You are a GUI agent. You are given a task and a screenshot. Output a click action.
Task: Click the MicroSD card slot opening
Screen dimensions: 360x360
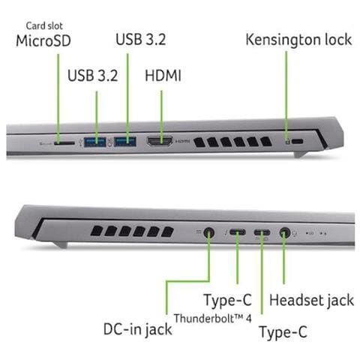coord(64,143)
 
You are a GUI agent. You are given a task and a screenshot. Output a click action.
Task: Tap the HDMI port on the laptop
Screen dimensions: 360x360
coord(160,142)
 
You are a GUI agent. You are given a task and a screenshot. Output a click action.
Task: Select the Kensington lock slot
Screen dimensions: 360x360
coord(297,142)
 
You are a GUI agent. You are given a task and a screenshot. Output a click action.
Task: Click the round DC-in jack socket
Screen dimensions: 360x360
coord(209,233)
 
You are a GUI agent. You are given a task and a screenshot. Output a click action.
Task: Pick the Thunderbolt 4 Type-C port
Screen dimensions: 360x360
coord(238,232)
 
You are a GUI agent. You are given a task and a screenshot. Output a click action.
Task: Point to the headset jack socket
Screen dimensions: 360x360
coord(284,233)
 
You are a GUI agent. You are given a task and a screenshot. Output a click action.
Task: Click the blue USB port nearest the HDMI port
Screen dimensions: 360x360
coord(125,142)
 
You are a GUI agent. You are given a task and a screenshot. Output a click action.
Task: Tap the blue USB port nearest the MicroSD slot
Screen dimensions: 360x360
coord(95,142)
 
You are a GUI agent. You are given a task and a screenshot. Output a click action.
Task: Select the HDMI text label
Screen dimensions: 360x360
coord(163,75)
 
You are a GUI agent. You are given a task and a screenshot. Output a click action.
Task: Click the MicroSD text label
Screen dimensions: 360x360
coord(43,40)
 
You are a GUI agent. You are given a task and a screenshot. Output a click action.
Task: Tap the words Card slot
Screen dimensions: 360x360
coord(44,25)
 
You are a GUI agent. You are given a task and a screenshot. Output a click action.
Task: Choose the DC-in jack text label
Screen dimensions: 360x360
coord(138,329)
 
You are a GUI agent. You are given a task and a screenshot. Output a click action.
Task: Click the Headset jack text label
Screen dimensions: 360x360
coord(311,300)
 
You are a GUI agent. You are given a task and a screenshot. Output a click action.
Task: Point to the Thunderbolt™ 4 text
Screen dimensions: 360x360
coord(213,318)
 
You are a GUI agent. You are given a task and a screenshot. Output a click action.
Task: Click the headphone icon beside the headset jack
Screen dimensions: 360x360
coord(295,233)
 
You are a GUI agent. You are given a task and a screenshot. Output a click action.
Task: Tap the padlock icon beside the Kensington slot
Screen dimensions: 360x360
coord(288,142)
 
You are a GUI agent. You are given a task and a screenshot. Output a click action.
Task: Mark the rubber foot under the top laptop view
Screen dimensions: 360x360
coord(300,154)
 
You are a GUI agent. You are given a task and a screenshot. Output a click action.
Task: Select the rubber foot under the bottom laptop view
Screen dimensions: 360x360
coord(61,244)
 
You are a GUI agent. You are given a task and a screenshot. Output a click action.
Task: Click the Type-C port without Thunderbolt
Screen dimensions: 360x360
coord(262,232)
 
